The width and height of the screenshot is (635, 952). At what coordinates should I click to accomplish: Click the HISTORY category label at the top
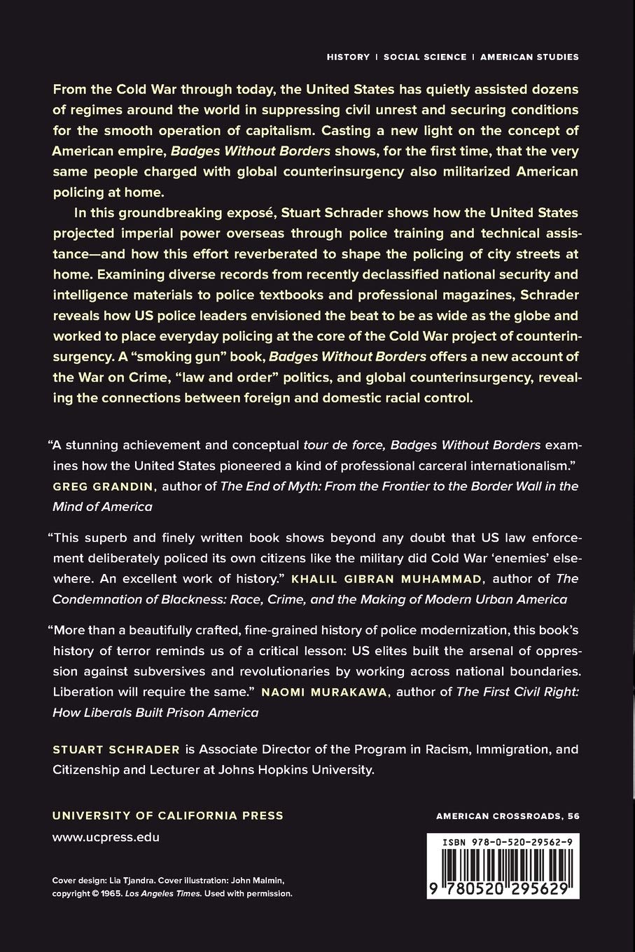click(x=348, y=57)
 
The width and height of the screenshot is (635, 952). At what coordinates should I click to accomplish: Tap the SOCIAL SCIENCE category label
click(x=425, y=57)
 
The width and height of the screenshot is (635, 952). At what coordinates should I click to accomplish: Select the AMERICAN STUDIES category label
click(x=529, y=57)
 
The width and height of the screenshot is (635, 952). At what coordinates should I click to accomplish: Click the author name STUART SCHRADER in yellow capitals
click(x=116, y=750)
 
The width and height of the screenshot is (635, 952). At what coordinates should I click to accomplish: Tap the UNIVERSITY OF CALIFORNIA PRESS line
click(x=168, y=815)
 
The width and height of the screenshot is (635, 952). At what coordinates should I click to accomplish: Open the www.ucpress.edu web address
click(x=106, y=836)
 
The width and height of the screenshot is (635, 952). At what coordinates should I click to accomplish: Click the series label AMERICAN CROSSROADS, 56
click(x=508, y=815)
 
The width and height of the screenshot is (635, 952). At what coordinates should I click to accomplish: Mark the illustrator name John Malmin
click(x=260, y=881)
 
